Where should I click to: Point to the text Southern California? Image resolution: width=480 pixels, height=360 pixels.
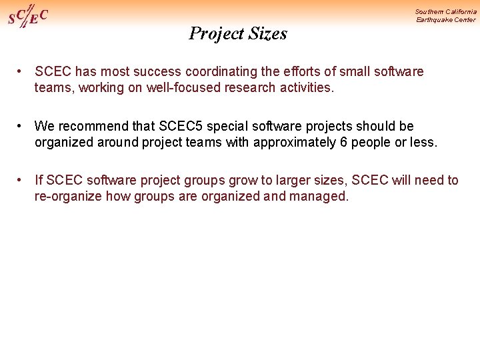(x=445, y=11)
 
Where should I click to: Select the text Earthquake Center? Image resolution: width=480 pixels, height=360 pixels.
(x=445, y=20)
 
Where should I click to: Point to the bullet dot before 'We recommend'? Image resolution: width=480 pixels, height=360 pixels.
(x=21, y=125)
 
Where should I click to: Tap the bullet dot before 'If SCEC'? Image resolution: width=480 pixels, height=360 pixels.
(x=21, y=180)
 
